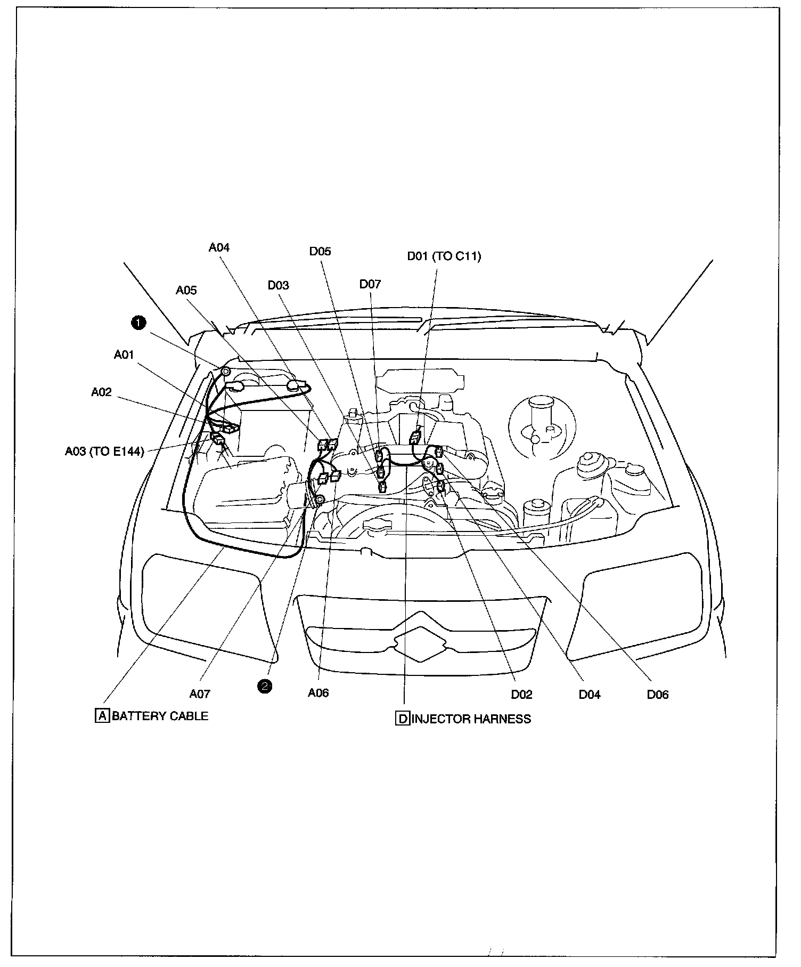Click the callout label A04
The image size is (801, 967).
coord(219,247)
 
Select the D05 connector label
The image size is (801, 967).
coord(320,252)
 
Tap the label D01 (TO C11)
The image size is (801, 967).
coord(444,256)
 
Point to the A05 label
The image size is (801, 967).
coord(186,290)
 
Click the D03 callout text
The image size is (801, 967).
coord(278,285)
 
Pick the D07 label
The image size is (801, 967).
coord(370,284)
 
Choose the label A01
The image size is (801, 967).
coord(124,354)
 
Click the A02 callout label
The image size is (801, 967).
coord(101,392)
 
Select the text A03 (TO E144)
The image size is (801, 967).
coord(104,452)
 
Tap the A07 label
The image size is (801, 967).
coord(200,694)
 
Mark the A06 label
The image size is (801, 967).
coord(318,693)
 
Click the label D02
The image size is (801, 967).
coord(521,695)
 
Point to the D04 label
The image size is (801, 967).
coord(589,695)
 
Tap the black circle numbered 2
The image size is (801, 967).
coord(265,686)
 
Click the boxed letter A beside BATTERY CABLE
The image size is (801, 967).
coord(101,715)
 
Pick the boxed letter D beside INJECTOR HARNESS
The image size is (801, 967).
coord(403,719)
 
